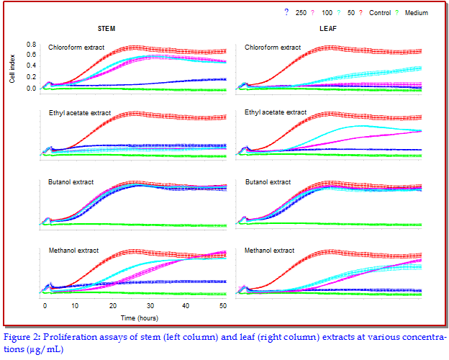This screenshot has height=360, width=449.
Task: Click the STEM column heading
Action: (x=109, y=28)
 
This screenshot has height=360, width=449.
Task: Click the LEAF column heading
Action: (x=330, y=28)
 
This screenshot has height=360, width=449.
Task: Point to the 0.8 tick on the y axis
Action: (x=31, y=45)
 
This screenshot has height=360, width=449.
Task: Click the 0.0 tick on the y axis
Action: (x=31, y=88)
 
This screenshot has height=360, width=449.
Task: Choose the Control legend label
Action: (x=380, y=12)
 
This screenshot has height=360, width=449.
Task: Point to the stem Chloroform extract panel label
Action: (x=76, y=48)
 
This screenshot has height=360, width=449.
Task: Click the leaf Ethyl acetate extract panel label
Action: (x=276, y=112)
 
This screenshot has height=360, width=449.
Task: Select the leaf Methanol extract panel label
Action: (x=270, y=251)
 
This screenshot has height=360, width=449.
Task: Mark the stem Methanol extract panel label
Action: (x=73, y=251)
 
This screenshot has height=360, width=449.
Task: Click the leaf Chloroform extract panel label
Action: (x=273, y=48)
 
